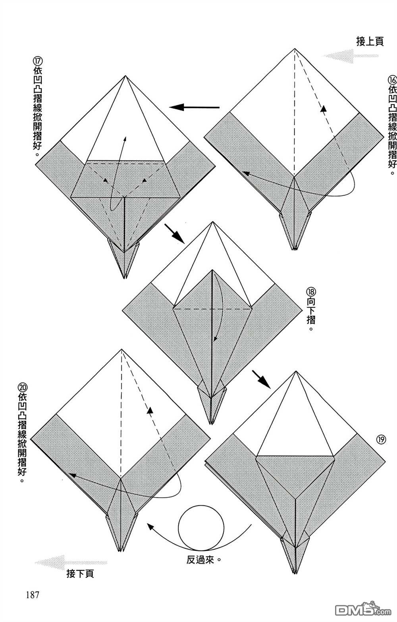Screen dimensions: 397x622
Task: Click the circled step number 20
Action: click(x=22, y=387)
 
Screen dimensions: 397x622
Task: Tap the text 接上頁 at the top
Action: click(x=370, y=41)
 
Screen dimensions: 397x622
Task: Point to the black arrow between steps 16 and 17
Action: click(x=195, y=107)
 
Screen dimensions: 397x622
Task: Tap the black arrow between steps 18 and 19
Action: click(x=260, y=379)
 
